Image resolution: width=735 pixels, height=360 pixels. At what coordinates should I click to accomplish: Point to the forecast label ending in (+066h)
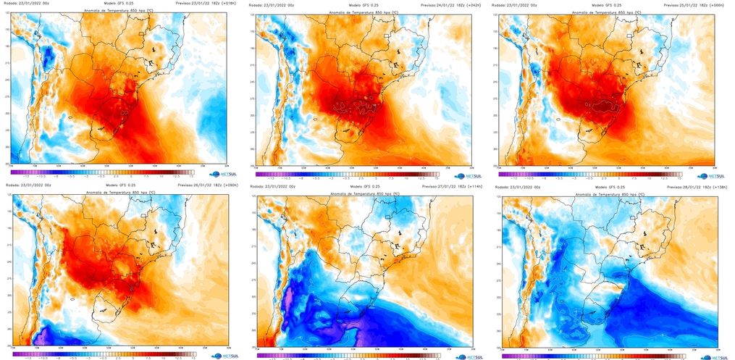(x=686, y=5)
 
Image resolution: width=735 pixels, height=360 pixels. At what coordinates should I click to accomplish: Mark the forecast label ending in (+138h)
(x=686, y=187)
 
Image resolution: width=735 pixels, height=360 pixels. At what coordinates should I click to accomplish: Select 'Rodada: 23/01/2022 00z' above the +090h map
(x=29, y=185)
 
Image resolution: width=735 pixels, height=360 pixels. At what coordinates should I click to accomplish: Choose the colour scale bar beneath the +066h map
(x=591, y=172)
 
